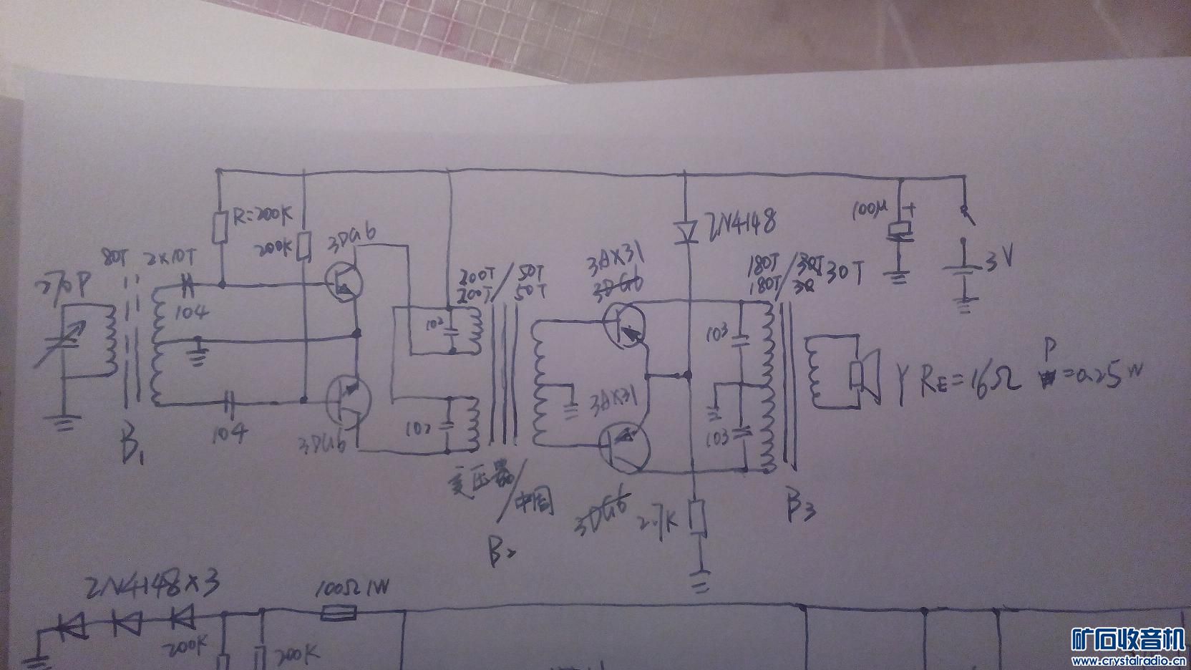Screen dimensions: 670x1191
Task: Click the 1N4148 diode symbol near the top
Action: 687,230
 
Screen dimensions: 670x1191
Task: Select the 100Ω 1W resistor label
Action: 353,590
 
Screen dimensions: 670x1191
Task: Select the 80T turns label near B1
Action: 115,256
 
